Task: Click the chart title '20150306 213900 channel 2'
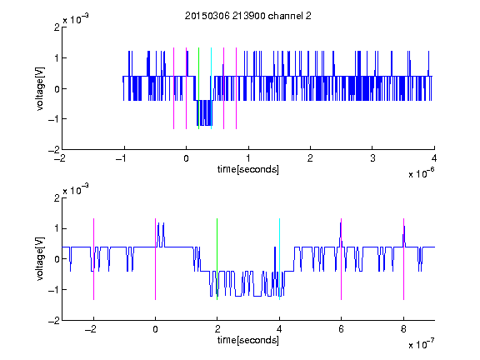(x=248, y=16)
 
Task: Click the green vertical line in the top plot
(x=198, y=88)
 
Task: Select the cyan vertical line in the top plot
(x=211, y=88)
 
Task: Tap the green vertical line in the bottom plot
(x=217, y=259)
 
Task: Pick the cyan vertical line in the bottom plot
(x=279, y=259)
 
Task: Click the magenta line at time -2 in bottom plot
(x=93, y=259)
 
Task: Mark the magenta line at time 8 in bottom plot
(x=404, y=259)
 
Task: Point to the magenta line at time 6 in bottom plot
(x=342, y=259)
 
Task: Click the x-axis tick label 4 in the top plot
(x=434, y=158)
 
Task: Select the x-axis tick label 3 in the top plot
(x=372, y=158)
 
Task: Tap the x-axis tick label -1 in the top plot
(x=122, y=158)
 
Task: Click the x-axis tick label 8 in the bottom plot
(x=403, y=329)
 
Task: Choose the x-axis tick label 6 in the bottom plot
(x=342, y=329)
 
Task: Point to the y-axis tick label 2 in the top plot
(x=57, y=27)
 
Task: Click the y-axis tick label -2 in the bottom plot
(x=54, y=321)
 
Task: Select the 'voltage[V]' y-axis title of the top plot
(x=40, y=88)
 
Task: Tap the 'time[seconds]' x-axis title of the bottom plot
(x=248, y=340)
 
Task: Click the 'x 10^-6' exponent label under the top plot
(x=422, y=172)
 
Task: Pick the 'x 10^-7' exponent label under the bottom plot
(x=422, y=343)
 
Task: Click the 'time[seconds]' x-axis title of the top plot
(x=248, y=169)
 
